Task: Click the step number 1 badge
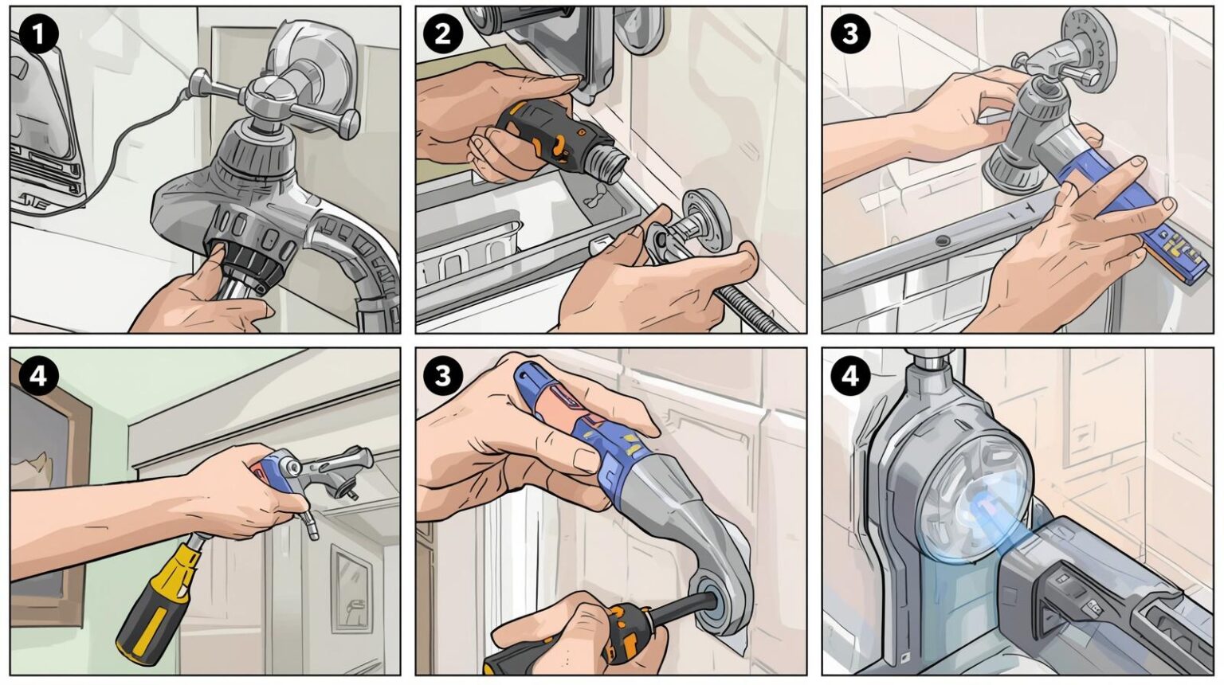[37, 35]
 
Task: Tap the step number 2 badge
[442, 35]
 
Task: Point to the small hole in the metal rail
[943, 240]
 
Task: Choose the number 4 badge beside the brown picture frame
[37, 376]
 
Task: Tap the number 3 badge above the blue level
[849, 35]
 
